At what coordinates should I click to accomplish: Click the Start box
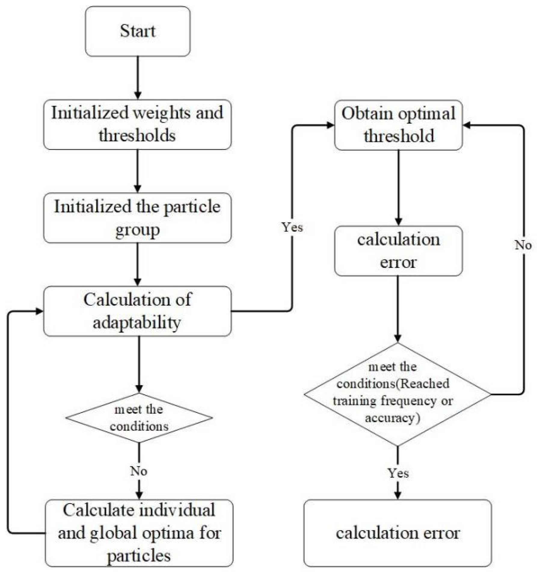pyautogui.click(x=138, y=31)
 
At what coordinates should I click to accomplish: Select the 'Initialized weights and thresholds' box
pyautogui.click(x=137, y=125)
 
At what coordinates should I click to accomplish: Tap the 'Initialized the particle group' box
pyautogui.click(x=137, y=218)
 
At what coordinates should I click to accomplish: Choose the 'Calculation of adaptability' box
pyautogui.click(x=137, y=311)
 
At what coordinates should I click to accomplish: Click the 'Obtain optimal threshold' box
pyautogui.click(x=398, y=125)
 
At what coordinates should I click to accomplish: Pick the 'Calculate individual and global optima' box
pyautogui.click(x=139, y=533)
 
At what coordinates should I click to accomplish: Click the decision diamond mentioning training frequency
pyautogui.click(x=397, y=394)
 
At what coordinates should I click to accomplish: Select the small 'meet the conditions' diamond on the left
pyautogui.click(x=139, y=418)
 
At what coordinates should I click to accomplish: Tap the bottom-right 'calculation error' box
pyautogui.click(x=397, y=533)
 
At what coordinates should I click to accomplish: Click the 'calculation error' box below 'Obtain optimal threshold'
pyautogui.click(x=398, y=251)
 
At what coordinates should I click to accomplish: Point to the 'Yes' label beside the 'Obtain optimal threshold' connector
pyautogui.click(x=292, y=227)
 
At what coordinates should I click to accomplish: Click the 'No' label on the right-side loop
pyautogui.click(x=523, y=245)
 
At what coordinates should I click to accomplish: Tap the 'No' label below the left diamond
pyautogui.click(x=139, y=471)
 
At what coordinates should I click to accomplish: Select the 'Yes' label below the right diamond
pyautogui.click(x=398, y=473)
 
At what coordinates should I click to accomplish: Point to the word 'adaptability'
pyautogui.click(x=137, y=323)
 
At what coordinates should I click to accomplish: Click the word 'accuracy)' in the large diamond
pyautogui.click(x=392, y=418)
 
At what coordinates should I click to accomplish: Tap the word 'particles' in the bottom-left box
pyautogui.click(x=139, y=555)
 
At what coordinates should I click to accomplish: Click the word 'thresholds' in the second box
pyautogui.click(x=137, y=135)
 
